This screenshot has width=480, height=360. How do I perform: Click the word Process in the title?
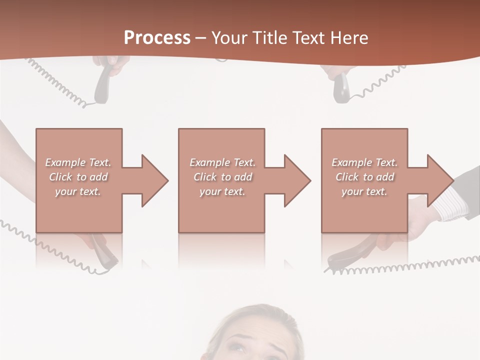[x=157, y=38]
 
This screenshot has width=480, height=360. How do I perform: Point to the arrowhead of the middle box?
[x=296, y=180]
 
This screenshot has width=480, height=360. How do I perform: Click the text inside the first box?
[x=78, y=177]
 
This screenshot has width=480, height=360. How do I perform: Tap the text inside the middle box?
[x=222, y=177]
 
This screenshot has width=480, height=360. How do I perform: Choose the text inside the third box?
[x=364, y=177]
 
